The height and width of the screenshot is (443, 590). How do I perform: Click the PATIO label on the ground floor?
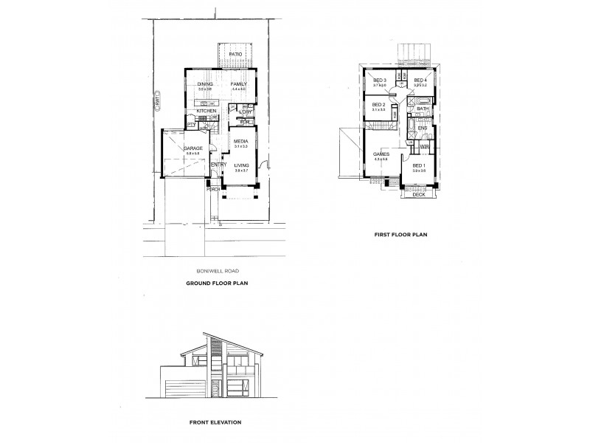tap(236, 55)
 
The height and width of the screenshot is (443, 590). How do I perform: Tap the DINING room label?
tap(205, 84)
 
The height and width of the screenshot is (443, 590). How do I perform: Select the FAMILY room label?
tap(238, 84)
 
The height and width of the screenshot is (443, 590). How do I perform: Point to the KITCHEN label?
tap(206, 111)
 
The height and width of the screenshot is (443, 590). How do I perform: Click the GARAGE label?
tap(193, 148)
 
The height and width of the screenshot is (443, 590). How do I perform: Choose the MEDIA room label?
tap(240, 141)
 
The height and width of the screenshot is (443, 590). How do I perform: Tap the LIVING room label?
tap(242, 165)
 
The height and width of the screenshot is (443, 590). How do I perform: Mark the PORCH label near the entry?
tap(212, 188)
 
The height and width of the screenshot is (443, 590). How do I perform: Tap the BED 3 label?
tap(380, 80)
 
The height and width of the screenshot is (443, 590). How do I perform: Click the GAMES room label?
tap(381, 155)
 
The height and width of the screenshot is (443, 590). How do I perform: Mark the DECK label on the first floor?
tap(418, 195)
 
